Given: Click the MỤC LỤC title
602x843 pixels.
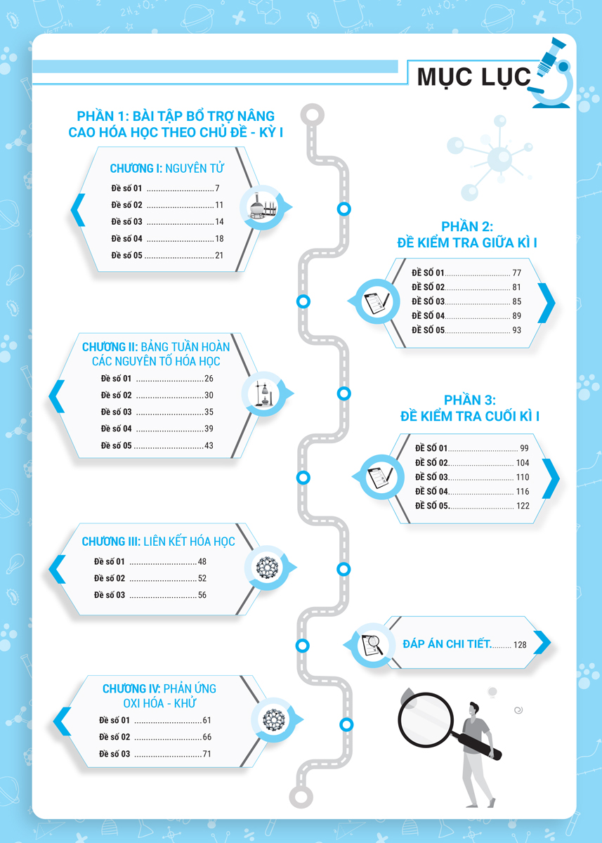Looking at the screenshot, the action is click(x=473, y=77).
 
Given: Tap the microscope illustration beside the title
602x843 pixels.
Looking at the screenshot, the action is click(x=552, y=73).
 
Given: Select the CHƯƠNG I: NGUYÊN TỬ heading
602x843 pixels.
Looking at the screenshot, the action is click(x=166, y=168).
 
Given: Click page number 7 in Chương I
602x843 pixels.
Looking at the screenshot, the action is click(x=217, y=188).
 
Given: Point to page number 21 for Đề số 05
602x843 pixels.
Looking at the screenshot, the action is click(x=219, y=255).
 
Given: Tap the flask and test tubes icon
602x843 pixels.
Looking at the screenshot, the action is click(x=263, y=208).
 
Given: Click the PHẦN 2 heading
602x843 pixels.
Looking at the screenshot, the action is click(x=467, y=235).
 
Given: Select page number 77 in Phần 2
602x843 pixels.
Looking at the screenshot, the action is click(x=516, y=273).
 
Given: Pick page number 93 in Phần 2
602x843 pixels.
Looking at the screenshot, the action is click(x=516, y=330).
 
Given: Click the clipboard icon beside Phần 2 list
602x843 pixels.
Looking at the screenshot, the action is click(x=377, y=301).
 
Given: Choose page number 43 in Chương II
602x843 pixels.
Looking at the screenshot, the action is click(x=209, y=445).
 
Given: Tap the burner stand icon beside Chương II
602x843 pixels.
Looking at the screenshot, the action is click(x=263, y=394).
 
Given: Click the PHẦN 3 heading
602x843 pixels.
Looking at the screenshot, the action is click(x=469, y=408).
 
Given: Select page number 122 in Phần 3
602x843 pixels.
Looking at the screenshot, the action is click(x=523, y=506).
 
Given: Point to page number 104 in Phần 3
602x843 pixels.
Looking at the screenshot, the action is click(x=523, y=462).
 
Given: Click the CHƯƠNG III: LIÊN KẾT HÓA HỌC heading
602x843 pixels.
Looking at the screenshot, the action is click(x=158, y=541).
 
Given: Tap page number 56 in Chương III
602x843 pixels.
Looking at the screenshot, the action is click(x=202, y=595).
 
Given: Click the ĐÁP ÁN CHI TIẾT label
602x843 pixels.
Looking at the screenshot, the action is click(x=447, y=644).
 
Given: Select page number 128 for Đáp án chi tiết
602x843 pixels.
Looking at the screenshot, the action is click(x=520, y=645).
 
